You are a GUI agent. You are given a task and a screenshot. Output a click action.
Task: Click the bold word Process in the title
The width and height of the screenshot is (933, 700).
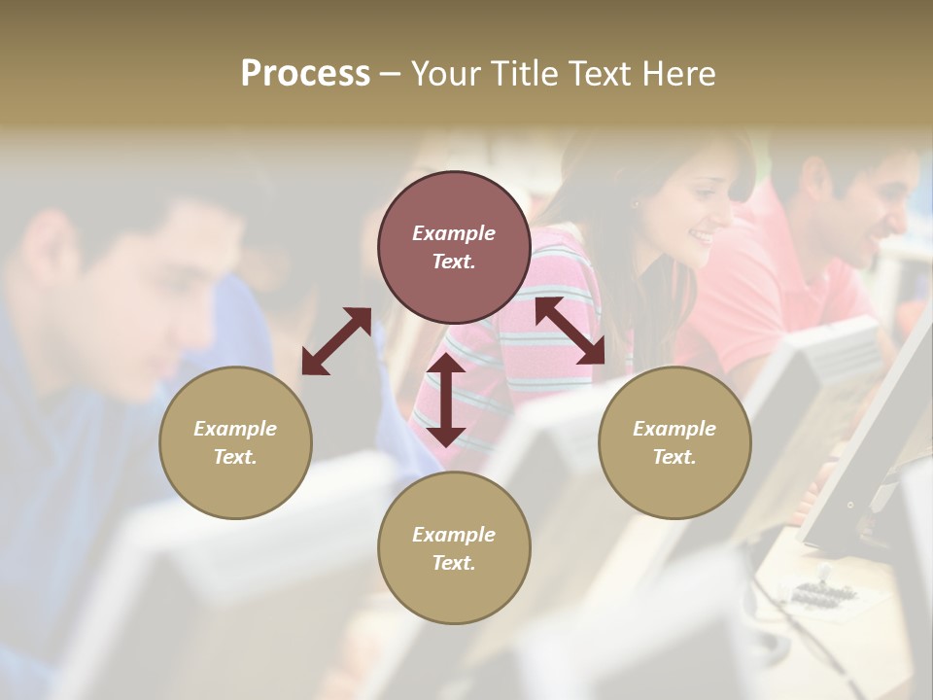tap(305, 74)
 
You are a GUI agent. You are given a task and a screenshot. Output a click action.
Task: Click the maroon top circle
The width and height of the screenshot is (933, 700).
tap(454, 247)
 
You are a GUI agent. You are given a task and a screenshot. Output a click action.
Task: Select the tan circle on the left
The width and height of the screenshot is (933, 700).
tap(235, 442)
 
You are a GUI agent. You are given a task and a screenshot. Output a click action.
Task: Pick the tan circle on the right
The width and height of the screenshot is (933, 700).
tap(674, 442)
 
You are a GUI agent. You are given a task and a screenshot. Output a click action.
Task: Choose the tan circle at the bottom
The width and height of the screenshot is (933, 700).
tap(454, 548)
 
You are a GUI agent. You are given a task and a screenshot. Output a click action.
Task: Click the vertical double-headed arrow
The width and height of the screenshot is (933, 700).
tap(446, 400)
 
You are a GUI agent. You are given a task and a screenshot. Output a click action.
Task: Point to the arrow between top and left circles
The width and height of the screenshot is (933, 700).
tap(336, 340)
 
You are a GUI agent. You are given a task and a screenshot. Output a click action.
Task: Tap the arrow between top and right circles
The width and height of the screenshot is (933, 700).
tap(570, 331)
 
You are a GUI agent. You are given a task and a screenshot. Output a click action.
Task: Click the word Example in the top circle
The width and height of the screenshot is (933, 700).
tap(454, 233)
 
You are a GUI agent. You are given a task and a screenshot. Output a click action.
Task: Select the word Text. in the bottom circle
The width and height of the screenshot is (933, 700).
tap(454, 563)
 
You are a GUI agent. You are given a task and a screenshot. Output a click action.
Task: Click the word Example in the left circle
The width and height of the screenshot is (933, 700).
tap(235, 429)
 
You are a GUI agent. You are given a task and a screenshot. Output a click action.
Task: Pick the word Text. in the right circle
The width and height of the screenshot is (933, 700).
tap(674, 457)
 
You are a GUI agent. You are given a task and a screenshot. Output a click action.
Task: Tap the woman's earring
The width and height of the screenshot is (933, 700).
tap(637, 204)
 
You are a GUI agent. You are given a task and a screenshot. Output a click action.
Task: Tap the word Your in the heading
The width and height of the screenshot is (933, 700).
tap(446, 74)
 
